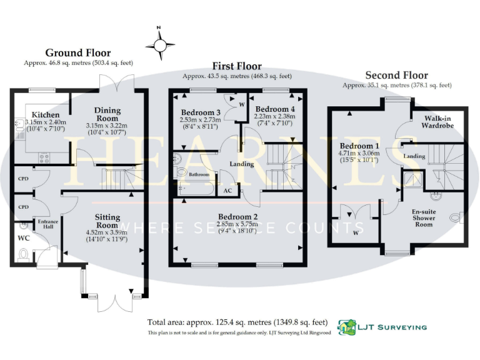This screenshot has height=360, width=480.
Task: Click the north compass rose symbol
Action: pos(159,44)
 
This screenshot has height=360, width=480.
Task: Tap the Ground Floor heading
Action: pos(78,53)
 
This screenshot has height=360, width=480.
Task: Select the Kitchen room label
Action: pos(46,115)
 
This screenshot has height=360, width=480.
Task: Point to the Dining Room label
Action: pos(107,114)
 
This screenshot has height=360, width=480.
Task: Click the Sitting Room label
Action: pos(107,221)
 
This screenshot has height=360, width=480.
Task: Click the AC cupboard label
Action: pos(227,191)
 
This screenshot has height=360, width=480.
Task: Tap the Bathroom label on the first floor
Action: pos(199,175)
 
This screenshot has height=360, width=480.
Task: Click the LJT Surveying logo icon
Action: pos(347,326)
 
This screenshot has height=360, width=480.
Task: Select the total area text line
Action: pos(237,322)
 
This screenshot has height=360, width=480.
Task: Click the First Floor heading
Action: pos(237,66)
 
